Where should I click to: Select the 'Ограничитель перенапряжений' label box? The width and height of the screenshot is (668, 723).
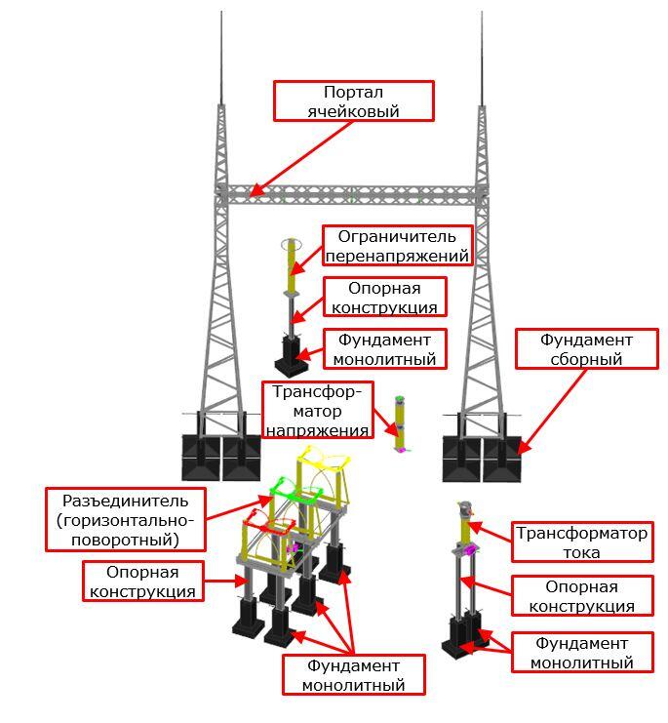[x=397, y=246]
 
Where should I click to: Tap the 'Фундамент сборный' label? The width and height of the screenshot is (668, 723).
[x=586, y=349]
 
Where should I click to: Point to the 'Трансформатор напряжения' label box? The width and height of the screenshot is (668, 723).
[x=317, y=410]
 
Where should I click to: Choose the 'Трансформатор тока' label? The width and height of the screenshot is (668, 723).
[x=581, y=542]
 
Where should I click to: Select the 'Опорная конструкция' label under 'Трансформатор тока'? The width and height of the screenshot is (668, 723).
[x=582, y=596]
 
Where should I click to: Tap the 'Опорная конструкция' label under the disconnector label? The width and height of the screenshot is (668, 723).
[x=142, y=581]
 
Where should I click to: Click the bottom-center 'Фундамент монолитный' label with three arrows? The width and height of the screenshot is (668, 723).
[x=354, y=674]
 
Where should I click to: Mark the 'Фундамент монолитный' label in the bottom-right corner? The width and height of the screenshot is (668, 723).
[x=582, y=653]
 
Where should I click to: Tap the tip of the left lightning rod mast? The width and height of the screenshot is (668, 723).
[x=221, y=14]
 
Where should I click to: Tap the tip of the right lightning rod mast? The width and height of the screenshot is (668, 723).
[x=484, y=14]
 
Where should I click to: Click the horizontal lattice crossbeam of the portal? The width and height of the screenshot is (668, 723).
[x=351, y=194]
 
